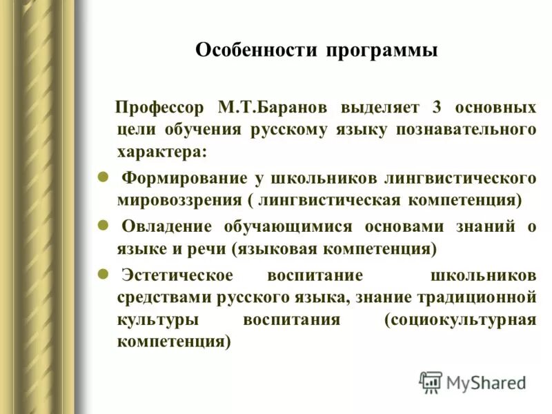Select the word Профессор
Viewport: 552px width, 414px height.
pos(160,108)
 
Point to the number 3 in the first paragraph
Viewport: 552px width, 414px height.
pos(436,108)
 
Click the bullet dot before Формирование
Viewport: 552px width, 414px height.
pos(102,177)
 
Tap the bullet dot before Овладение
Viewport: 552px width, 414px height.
pos(102,225)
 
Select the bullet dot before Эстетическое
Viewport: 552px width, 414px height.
pos(102,273)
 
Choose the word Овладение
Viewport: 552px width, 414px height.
pos(168,226)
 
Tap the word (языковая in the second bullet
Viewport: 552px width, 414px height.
pos(268,247)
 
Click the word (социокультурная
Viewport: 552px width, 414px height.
pos(461,320)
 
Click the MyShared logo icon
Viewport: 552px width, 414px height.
pos(431,382)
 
